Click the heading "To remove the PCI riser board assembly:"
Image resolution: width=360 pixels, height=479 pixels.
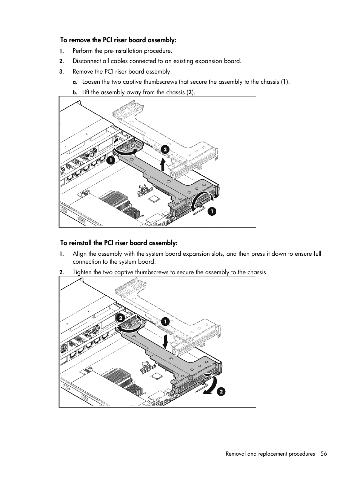coord(118,40)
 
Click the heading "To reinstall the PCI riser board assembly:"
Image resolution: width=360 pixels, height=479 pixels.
coord(119,243)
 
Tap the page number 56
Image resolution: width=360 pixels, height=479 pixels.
coord(324,454)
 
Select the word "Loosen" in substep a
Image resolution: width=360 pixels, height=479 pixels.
coord(91,82)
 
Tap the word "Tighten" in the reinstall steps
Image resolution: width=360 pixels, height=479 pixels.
coord(82,272)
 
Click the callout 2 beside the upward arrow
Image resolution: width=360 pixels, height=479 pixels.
coord(165,150)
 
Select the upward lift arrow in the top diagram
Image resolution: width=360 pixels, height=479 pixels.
coord(162,165)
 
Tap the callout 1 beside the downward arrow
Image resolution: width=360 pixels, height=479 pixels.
coord(165,321)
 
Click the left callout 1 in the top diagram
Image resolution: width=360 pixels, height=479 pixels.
coord(110,160)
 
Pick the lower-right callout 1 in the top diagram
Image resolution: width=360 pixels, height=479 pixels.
coord(212,211)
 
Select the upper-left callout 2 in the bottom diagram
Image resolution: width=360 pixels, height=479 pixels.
coord(120,318)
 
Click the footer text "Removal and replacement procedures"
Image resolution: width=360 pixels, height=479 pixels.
coord(270,454)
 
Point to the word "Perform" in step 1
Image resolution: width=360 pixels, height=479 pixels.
coord(83,51)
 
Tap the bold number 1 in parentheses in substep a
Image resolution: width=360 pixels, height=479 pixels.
coord(285,82)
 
